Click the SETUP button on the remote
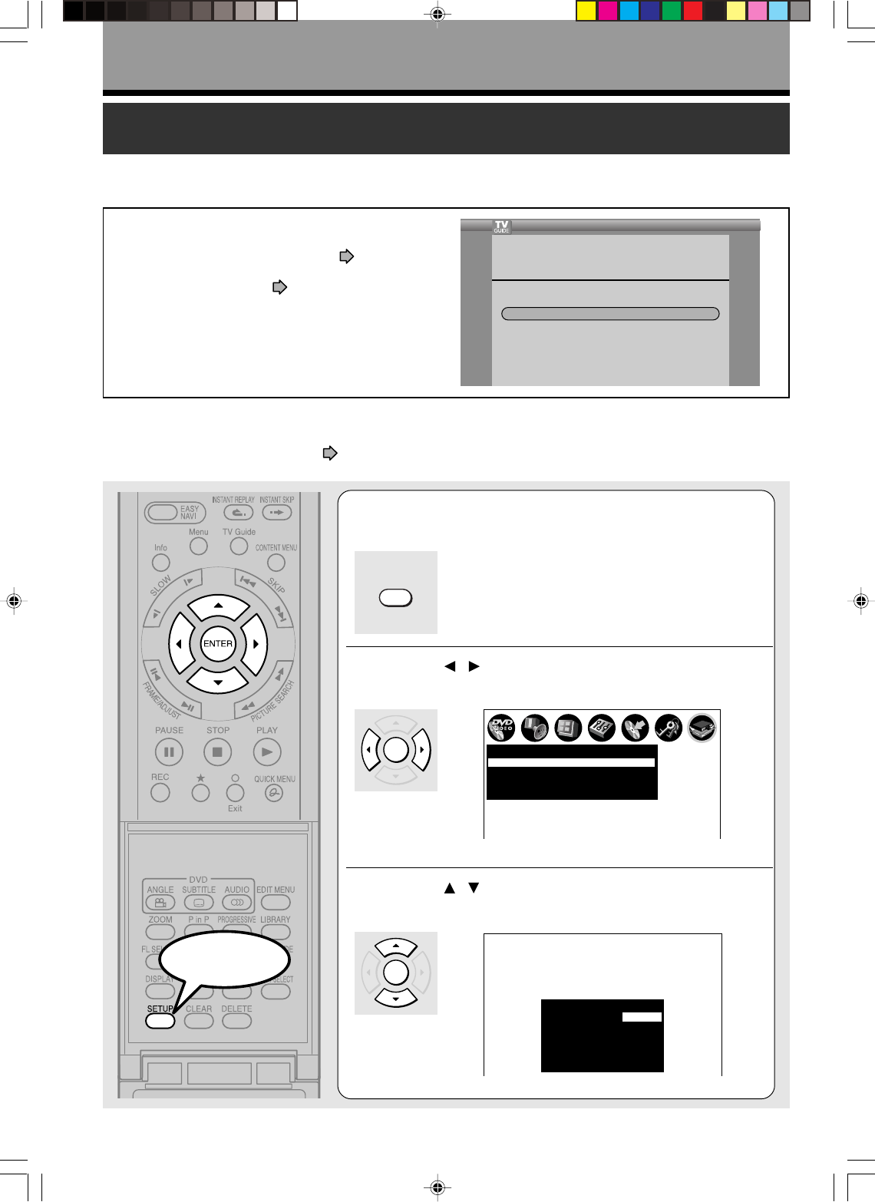point(160,1021)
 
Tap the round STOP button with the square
point(217,752)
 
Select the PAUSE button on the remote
point(169,752)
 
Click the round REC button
point(160,793)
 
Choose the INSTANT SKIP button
point(276,513)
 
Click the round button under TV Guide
point(239,546)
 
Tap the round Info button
point(161,562)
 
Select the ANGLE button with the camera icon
point(160,903)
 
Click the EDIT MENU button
point(276,903)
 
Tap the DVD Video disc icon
point(501,728)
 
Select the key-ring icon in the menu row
point(669,728)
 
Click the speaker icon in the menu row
point(535,728)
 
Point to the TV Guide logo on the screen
point(501,227)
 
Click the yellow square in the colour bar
point(586,11)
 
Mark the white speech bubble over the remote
point(225,959)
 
